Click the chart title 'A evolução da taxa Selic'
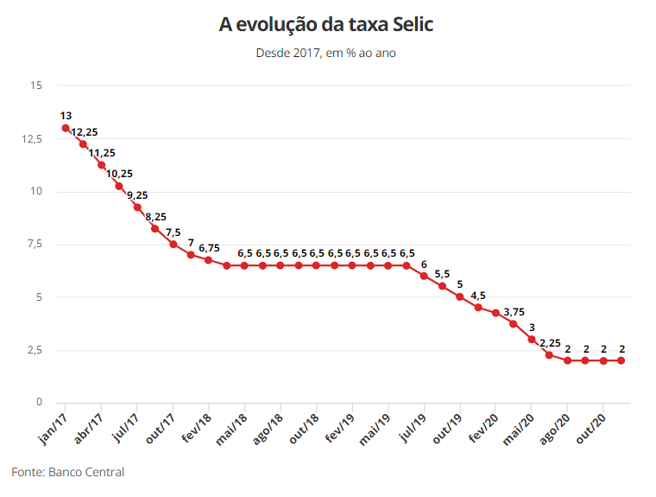(326, 25)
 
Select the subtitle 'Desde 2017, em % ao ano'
(326, 53)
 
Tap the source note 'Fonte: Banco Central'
(68, 472)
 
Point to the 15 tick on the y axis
(35, 86)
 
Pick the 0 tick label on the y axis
(39, 403)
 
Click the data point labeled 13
(66, 128)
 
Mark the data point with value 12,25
(84, 144)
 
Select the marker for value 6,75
(209, 260)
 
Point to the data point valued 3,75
(514, 324)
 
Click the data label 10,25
(119, 174)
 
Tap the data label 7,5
(173, 233)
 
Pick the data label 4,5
(477, 295)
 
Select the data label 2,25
(549, 342)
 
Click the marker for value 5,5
(442, 286)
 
